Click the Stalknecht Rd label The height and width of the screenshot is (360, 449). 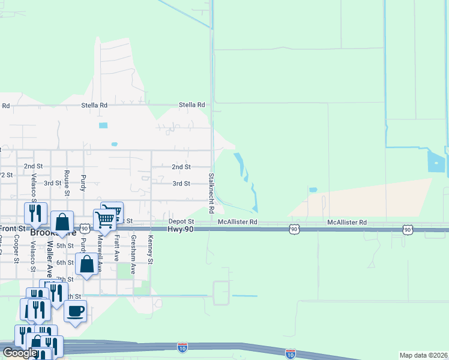point(211,194)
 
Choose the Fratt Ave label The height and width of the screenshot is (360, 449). point(117,246)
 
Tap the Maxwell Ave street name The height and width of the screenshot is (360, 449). point(100,252)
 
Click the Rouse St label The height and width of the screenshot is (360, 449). point(67,183)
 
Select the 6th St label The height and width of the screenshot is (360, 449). point(64,263)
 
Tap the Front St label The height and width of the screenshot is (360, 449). point(13,229)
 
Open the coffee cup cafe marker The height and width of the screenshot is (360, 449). point(75,311)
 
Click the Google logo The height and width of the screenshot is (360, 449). point(20,353)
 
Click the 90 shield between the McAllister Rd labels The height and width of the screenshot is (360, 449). point(294,229)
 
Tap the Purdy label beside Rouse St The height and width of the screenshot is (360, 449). point(83,184)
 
